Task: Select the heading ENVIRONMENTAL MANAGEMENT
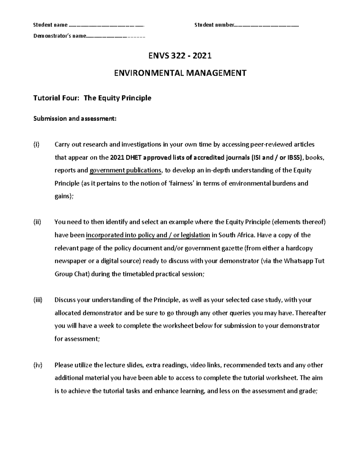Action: pyautogui.click(x=180, y=73)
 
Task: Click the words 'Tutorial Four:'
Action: pyautogui.click(x=56, y=98)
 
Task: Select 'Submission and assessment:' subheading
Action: pyautogui.click(x=74, y=119)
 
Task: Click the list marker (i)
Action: pyautogui.click(x=36, y=145)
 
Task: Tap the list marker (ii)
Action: pyautogui.click(x=37, y=222)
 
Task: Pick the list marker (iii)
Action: pyautogui.click(x=38, y=300)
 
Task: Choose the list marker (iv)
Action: pyautogui.click(x=38, y=365)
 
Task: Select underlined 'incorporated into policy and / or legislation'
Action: pyautogui.click(x=148, y=235)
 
